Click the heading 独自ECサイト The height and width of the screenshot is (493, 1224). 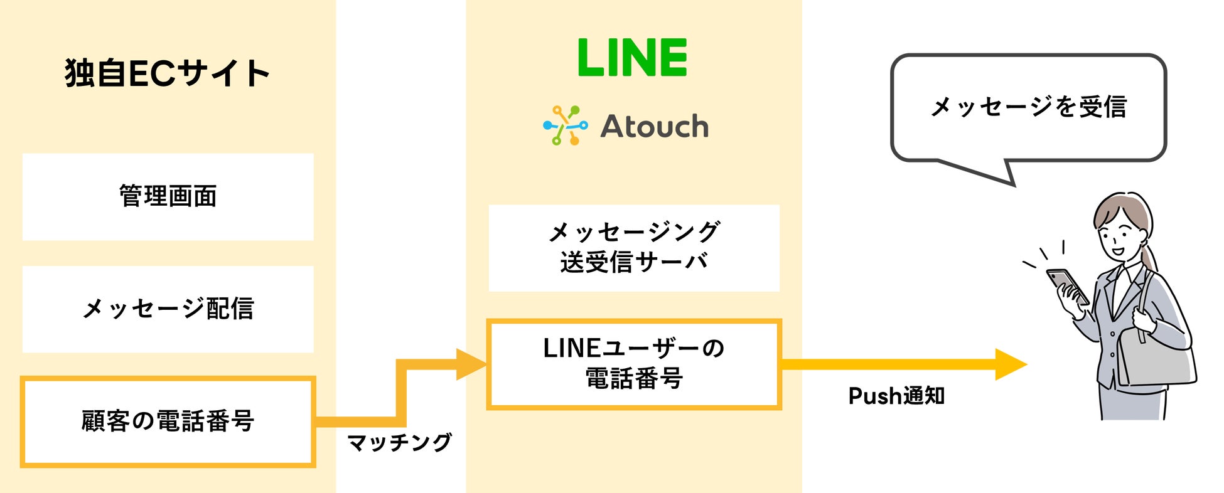click(x=167, y=73)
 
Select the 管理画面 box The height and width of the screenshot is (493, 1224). click(x=168, y=196)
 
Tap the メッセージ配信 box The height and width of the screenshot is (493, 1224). click(x=168, y=309)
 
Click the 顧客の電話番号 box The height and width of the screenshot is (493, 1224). click(x=168, y=421)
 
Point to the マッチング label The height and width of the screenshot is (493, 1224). click(x=399, y=443)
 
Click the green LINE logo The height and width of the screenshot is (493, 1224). click(x=632, y=58)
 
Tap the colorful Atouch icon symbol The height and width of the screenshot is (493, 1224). click(x=565, y=125)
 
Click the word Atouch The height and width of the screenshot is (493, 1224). click(x=655, y=127)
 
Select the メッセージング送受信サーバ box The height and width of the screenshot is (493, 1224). click(x=634, y=248)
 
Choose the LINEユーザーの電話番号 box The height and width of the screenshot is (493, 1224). click(x=634, y=364)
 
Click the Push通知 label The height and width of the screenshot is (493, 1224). click(x=896, y=396)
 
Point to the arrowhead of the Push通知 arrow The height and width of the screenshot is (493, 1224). click(x=1011, y=364)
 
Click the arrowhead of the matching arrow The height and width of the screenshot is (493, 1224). click(x=471, y=364)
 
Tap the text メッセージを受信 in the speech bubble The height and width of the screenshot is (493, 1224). click(x=1028, y=107)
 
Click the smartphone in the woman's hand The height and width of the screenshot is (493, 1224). click(x=1067, y=285)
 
